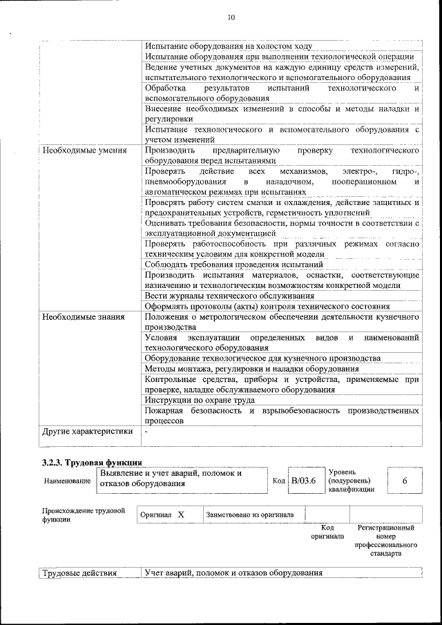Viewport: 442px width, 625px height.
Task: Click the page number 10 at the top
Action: (x=231, y=17)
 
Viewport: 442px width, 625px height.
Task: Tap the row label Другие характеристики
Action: (x=87, y=432)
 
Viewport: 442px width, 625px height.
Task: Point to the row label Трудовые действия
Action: (x=79, y=573)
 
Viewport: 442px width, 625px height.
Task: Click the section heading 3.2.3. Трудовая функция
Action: (x=92, y=462)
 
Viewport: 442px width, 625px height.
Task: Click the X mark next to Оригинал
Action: (x=181, y=515)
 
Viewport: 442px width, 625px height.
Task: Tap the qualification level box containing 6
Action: (x=404, y=481)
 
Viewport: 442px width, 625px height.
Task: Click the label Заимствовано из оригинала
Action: (x=249, y=515)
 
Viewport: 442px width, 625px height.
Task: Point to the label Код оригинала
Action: (x=327, y=532)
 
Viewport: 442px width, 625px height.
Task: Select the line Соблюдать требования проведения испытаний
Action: (x=234, y=265)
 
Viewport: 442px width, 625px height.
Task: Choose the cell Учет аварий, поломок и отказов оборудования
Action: (x=233, y=573)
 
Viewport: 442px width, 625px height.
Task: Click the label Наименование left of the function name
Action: (x=67, y=481)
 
